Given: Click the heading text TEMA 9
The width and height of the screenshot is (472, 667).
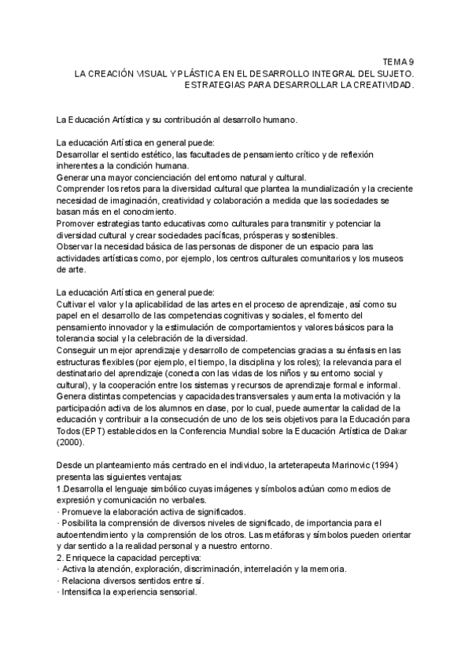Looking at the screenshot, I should pyautogui.click(x=398, y=60).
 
